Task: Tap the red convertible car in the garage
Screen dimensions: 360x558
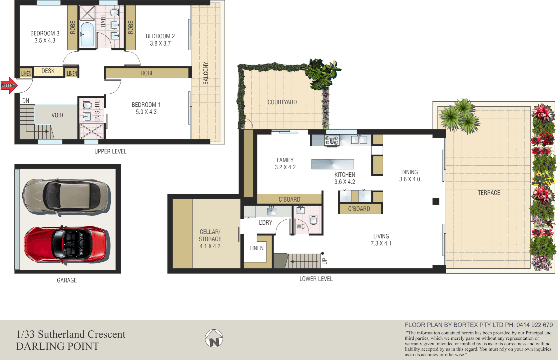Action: (67, 245)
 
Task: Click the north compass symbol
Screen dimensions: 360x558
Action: (214, 338)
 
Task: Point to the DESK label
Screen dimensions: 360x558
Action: (48, 71)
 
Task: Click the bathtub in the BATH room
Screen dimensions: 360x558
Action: (87, 34)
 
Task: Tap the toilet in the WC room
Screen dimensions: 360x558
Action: (313, 220)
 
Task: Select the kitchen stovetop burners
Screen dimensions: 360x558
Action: (332, 140)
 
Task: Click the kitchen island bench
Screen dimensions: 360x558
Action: (333, 164)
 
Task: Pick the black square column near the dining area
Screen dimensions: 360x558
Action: (436, 201)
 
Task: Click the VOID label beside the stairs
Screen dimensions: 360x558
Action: (57, 115)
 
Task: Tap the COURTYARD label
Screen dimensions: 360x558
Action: (282, 102)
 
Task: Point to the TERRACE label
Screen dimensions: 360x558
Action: (489, 193)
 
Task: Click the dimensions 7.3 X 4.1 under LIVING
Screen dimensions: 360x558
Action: (381, 244)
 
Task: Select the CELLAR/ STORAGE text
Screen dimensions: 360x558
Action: (210, 235)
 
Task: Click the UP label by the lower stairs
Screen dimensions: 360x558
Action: (325, 261)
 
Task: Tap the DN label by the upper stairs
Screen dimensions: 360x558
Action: (26, 101)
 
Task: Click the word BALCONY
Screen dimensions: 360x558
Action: (206, 73)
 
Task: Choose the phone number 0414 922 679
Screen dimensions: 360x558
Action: (534, 325)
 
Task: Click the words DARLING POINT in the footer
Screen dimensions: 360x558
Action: (58, 347)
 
